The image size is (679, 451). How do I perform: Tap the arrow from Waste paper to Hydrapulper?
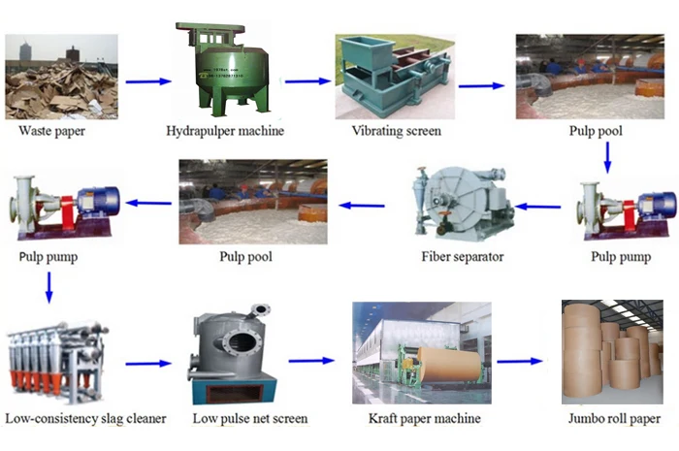(x=144, y=81)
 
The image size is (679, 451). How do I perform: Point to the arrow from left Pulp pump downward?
(x=48, y=288)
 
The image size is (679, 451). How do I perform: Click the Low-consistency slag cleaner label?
(x=85, y=419)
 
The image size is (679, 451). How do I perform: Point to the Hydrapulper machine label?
(x=226, y=130)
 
